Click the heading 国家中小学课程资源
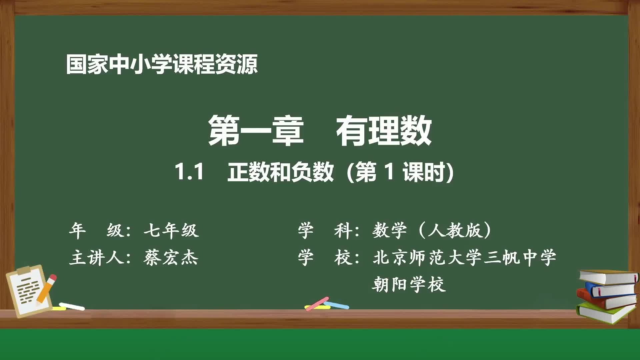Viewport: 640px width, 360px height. coord(162,64)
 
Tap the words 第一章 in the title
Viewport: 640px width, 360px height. coord(256,130)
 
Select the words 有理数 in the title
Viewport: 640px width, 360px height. coord(384,130)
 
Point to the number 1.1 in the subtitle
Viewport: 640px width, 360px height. coord(189,172)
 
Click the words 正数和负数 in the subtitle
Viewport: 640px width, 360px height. coord(280,172)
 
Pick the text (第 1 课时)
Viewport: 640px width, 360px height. coord(400,172)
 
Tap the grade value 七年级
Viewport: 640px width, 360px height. coord(171,230)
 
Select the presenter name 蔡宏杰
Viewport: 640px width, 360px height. coord(171,258)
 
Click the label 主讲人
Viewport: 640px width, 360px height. coord(97,258)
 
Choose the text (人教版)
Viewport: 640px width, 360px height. coord(455,230)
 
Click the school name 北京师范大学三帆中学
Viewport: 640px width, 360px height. coord(464,258)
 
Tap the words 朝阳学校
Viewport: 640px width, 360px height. coord(409,285)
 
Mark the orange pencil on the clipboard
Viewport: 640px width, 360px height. coord(47,289)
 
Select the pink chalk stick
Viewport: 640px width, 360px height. coord(317,303)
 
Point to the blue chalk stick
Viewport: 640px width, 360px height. coord(337,305)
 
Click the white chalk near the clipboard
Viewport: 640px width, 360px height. coord(72,306)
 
